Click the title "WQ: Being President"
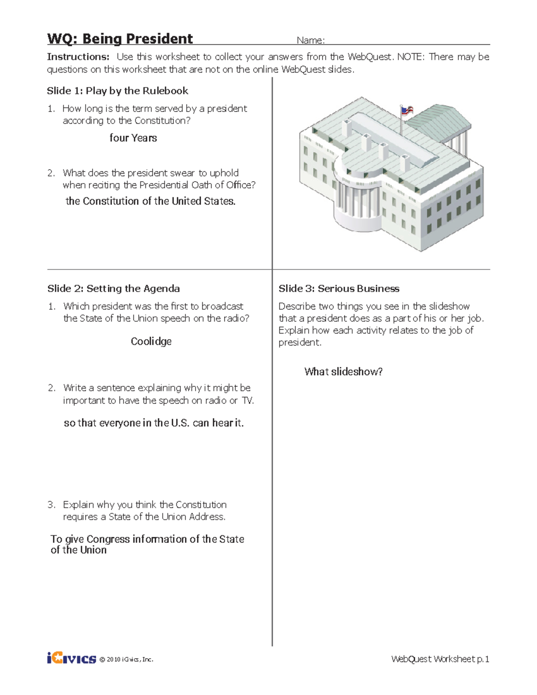point(120,39)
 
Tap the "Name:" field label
point(311,40)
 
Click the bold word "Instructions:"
point(78,57)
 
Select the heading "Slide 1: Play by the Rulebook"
point(117,91)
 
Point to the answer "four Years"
point(133,138)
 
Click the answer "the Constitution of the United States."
point(150,201)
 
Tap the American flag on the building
point(407,110)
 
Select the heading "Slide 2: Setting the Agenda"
point(114,289)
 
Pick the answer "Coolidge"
point(151,341)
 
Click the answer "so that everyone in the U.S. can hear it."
point(153,423)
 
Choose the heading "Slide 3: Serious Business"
point(339,289)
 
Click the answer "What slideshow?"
point(343,372)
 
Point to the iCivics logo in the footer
point(71,658)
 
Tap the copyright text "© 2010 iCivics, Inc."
point(126,659)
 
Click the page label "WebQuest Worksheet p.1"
point(440,659)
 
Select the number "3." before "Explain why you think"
point(51,505)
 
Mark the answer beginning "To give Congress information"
point(147,544)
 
